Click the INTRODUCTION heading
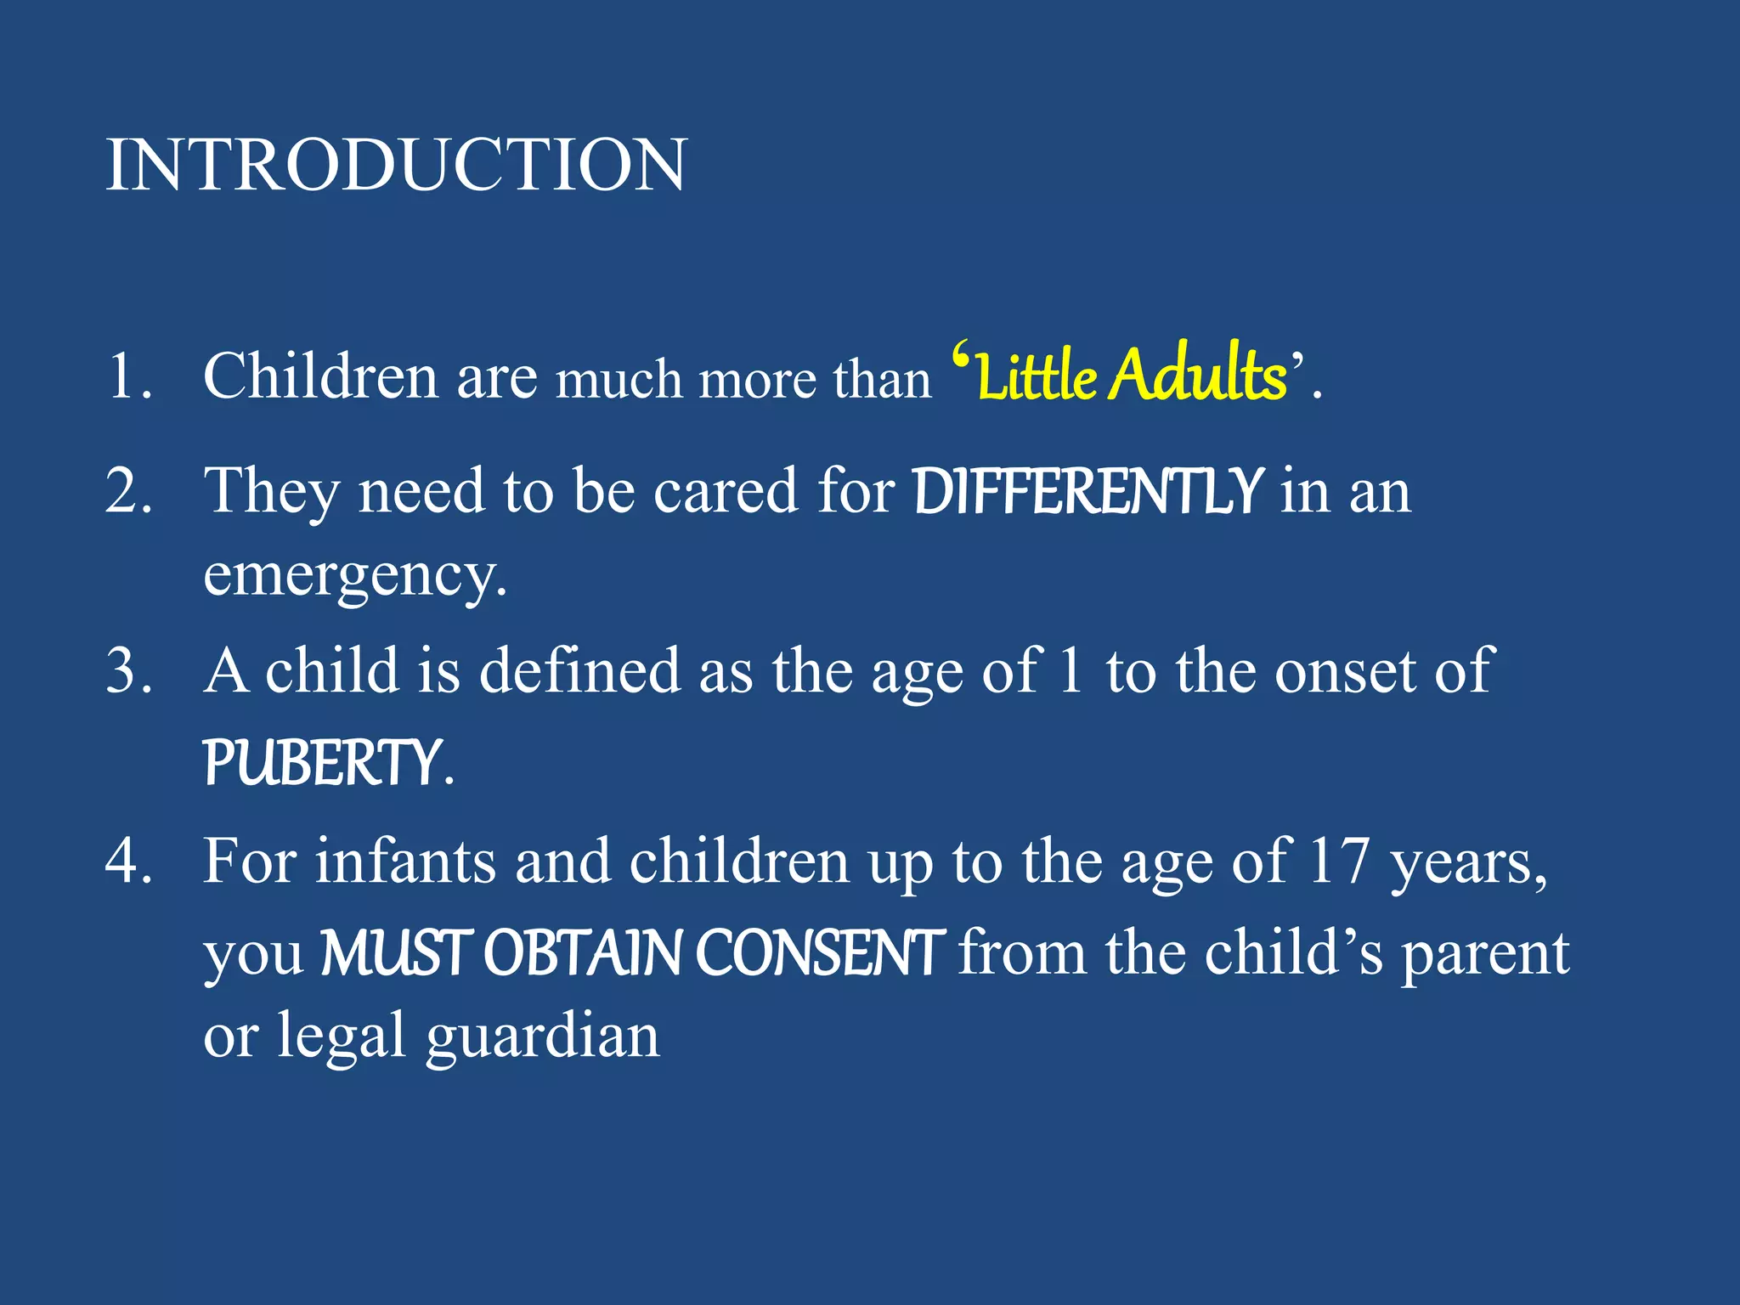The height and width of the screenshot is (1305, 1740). [396, 165]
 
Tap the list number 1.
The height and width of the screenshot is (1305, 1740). [127, 376]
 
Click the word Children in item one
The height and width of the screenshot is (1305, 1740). [320, 376]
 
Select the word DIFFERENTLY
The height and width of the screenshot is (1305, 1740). [1088, 491]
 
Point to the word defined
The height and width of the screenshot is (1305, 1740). [580, 671]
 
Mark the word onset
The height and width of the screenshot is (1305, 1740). [1346, 671]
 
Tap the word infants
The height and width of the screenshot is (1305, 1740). [405, 862]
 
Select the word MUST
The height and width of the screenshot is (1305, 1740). [396, 953]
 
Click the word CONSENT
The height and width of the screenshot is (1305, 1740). [820, 953]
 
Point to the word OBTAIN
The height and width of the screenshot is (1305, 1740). [583, 953]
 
